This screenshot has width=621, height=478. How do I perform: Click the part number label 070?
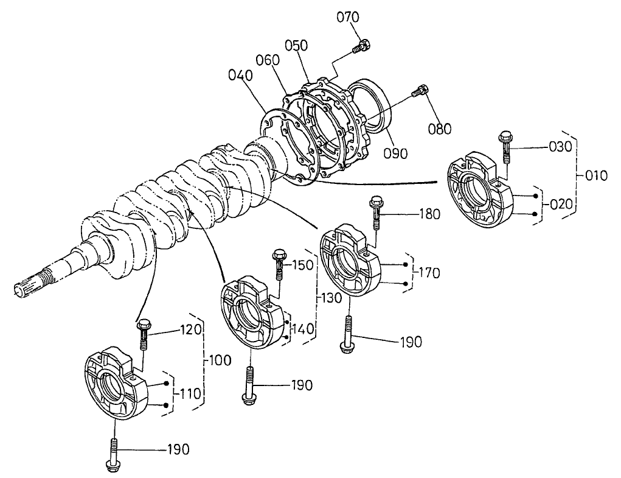348,17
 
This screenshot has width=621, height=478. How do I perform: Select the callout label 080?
440,128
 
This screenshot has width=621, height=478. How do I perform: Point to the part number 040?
240,75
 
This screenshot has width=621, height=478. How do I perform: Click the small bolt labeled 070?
364,46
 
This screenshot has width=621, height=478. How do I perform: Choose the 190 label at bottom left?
179,449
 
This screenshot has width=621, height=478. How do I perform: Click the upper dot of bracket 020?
535,195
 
